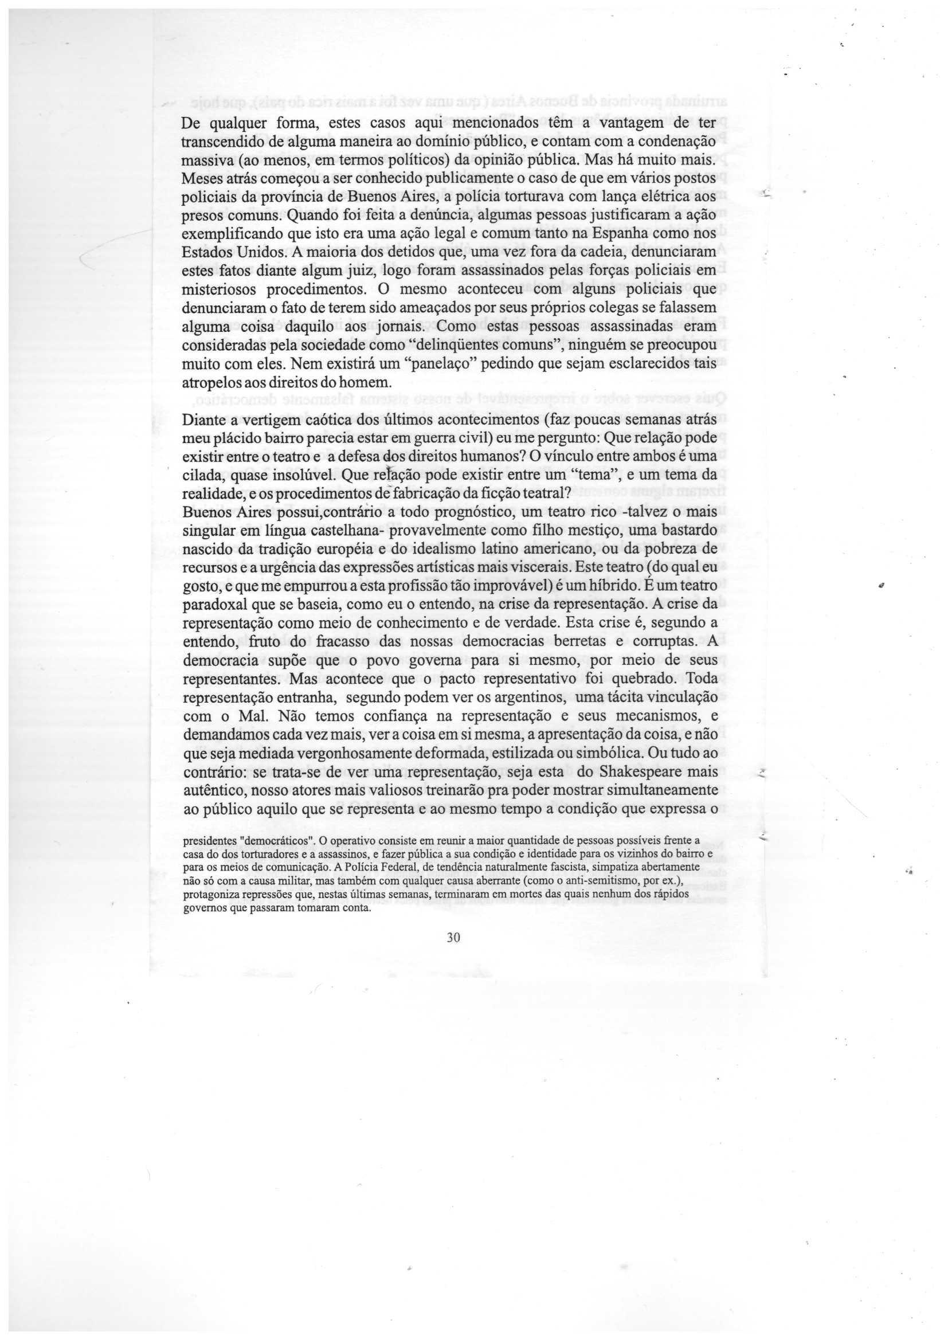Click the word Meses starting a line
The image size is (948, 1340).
click(x=201, y=179)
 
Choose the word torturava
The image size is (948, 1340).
click(x=529, y=198)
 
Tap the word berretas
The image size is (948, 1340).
click(x=602, y=641)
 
